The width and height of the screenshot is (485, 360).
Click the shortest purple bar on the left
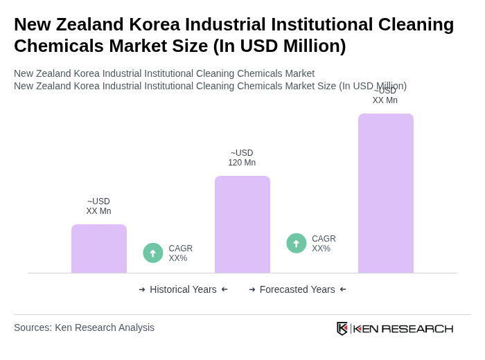(x=99, y=249)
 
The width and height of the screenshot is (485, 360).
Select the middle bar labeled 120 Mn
(x=242, y=224)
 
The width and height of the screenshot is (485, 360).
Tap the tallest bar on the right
(x=385, y=193)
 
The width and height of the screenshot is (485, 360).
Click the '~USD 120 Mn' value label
(x=242, y=158)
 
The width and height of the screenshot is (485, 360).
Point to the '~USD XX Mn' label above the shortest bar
(x=98, y=206)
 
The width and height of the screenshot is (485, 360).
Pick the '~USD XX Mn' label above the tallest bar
(x=385, y=96)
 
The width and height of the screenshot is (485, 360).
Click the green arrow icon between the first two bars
(x=153, y=253)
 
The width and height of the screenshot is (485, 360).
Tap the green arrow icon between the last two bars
(x=297, y=243)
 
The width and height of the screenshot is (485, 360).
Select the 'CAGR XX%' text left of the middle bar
(x=180, y=253)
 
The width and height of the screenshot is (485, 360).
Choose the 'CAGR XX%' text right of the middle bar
(x=324, y=244)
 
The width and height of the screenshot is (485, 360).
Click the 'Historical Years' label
(x=183, y=289)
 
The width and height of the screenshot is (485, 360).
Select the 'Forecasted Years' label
(x=297, y=289)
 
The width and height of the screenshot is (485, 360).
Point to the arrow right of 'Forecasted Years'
(x=343, y=289)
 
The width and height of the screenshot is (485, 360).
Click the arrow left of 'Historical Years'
(x=142, y=289)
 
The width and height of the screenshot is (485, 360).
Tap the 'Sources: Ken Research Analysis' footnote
(x=84, y=327)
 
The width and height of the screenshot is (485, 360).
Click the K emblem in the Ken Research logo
(x=342, y=328)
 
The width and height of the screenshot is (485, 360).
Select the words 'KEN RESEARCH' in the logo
(x=403, y=328)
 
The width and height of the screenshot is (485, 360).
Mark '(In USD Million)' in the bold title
(x=279, y=46)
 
